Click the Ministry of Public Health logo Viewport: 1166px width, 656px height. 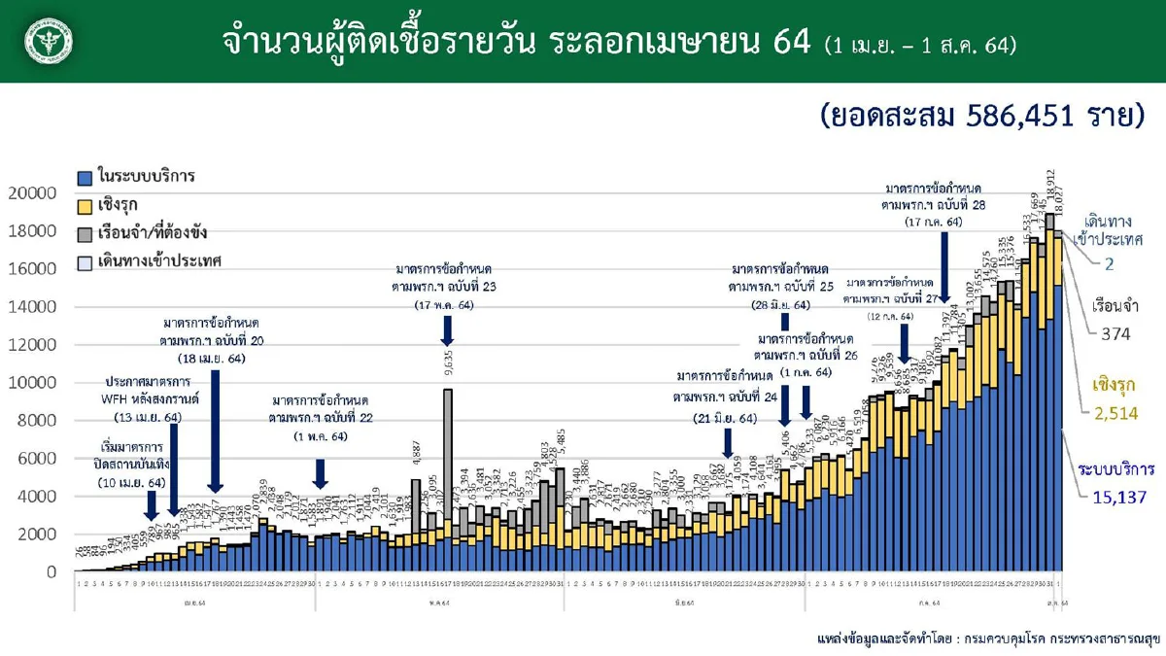(x=42, y=41)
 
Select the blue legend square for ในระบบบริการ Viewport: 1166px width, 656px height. (x=86, y=178)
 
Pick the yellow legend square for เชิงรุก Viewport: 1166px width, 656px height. (x=86, y=205)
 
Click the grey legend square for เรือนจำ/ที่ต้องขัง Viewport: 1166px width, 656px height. (x=86, y=233)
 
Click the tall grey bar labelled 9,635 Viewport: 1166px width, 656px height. (x=448, y=457)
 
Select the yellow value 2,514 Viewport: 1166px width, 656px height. (x=1115, y=413)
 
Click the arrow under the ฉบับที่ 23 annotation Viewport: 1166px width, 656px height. (x=448, y=331)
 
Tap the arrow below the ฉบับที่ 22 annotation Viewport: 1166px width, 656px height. (x=321, y=471)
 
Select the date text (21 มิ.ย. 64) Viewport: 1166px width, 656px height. (x=719, y=418)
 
